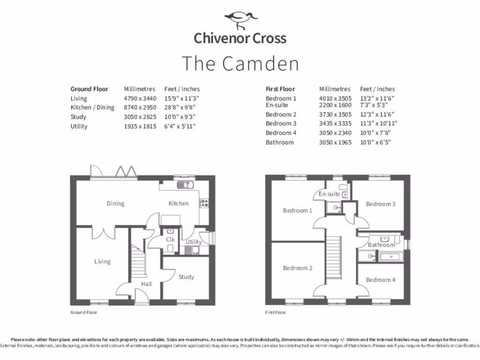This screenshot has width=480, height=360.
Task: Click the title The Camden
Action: coord(240,64)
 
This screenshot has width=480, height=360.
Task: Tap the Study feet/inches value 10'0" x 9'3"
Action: coord(180,117)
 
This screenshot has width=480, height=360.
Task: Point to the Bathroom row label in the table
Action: coord(280,142)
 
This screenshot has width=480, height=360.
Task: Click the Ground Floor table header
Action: coord(89,89)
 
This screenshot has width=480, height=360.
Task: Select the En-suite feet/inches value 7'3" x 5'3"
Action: coord(374,105)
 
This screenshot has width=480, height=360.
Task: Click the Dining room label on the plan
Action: coord(115,203)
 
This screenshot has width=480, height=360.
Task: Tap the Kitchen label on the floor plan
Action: coord(179,203)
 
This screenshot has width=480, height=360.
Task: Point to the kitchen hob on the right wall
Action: coord(204,203)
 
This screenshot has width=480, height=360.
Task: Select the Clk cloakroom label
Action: coord(170,240)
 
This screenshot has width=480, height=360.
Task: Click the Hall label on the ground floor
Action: coord(146,284)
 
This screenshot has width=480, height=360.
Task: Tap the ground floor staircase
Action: coord(137,262)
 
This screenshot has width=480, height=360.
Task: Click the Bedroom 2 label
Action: coord(297,268)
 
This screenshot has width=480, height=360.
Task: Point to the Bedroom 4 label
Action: coord(381,280)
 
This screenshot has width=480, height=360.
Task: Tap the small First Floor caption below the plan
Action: coord(275,312)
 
